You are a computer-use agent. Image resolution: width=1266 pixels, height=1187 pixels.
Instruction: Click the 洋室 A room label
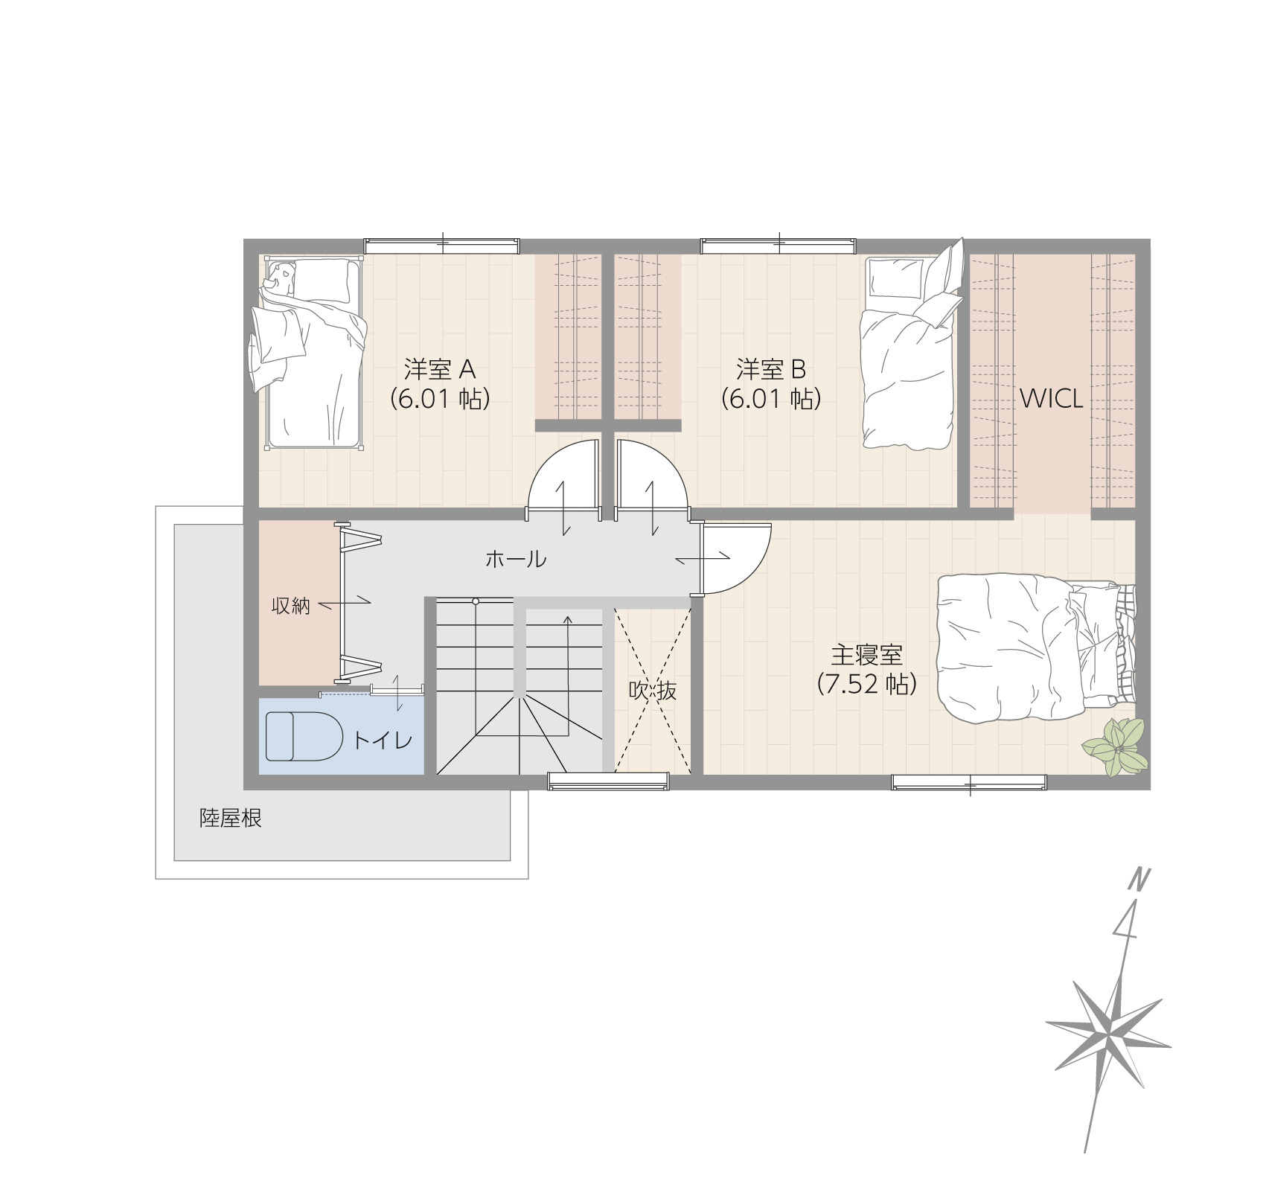[x=440, y=369]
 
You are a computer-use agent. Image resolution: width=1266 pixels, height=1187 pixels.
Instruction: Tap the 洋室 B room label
[x=771, y=369]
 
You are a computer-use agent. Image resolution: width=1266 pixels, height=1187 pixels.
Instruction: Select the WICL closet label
[x=1051, y=400]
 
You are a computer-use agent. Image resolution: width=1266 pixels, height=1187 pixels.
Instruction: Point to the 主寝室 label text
[x=866, y=655]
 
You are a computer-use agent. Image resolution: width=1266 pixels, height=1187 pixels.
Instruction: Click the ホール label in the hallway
[x=516, y=559]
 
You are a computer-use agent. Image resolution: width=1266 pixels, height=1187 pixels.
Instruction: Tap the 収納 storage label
[x=290, y=606]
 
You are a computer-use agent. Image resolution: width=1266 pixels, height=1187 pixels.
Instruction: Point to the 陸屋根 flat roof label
[x=231, y=819]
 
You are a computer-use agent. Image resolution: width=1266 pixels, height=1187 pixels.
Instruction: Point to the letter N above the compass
[x=1136, y=880]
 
